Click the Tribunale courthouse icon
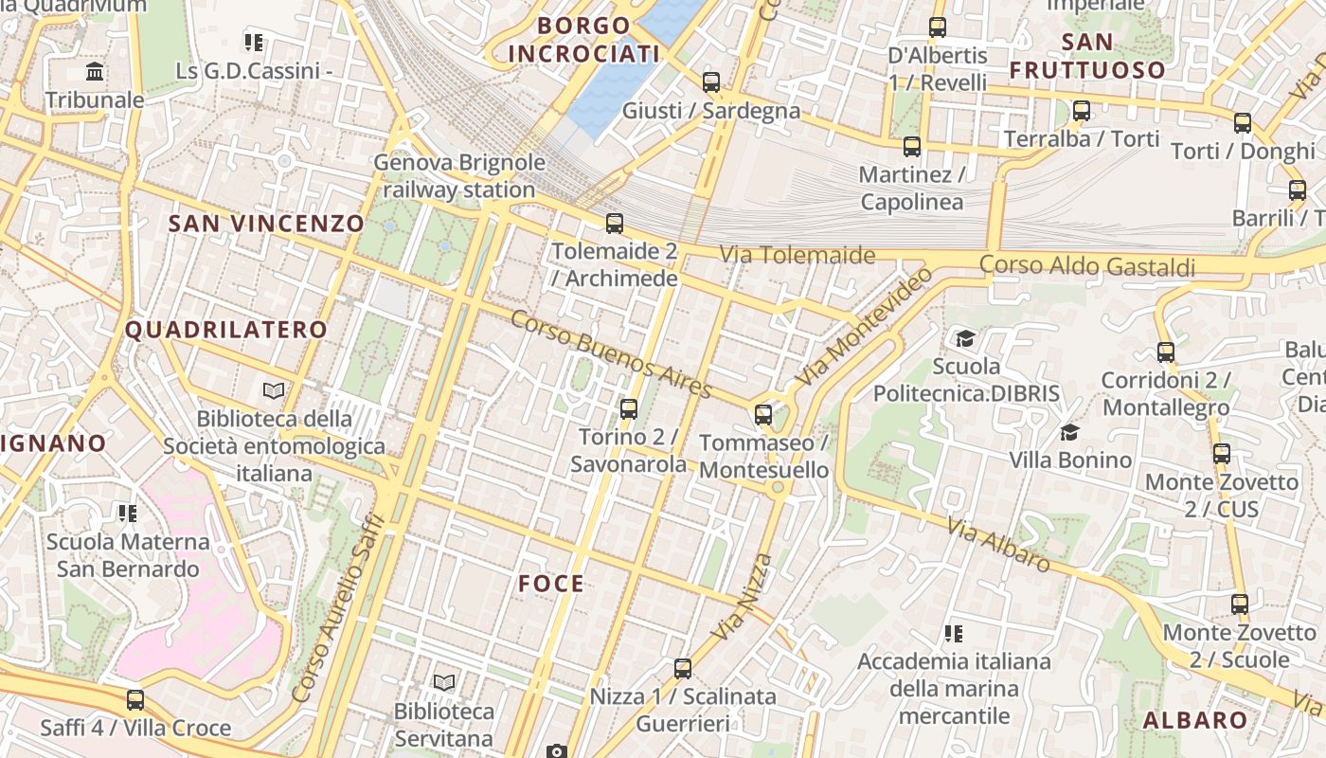[95, 72]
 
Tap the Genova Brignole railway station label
[459, 176]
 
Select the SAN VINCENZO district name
[266, 224]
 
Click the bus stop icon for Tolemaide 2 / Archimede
[615, 224]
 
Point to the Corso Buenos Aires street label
[610, 353]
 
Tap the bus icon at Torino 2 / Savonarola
[628, 409]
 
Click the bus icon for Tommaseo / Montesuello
[763, 415]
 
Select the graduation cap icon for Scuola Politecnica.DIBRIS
[965, 338]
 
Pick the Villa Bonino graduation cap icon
[1069, 433]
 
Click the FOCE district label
[551, 584]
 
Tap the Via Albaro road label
[998, 546]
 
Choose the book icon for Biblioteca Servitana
[443, 682]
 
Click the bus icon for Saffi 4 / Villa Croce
[135, 700]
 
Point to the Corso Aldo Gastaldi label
[1087, 266]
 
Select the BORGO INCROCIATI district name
[583, 40]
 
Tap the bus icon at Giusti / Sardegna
[711, 82]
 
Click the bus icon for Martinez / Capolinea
[912, 147]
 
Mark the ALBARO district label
[1195, 720]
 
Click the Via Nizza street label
[744, 596]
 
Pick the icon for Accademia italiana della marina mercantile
[954, 633]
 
